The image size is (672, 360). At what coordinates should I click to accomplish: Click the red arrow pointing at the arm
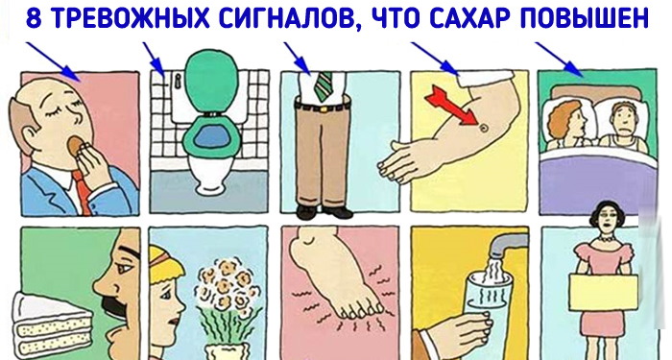coord(451,106)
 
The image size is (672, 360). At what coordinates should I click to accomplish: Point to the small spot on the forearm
coord(484,128)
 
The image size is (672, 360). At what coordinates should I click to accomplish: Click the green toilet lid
coord(212,80)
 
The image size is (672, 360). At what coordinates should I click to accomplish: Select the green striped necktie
coord(323,85)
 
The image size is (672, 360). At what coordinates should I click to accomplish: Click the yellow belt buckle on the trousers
coord(324,109)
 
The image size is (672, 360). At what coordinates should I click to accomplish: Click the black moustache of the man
coord(115,308)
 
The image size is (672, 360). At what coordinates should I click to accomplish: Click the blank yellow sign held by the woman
coord(603,293)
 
